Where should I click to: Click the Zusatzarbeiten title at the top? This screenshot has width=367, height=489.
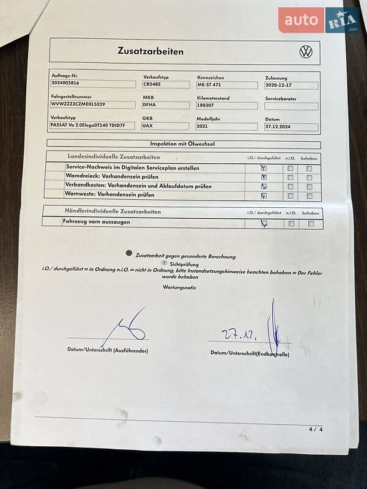[150, 51]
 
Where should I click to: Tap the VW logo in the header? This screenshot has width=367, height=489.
[306, 52]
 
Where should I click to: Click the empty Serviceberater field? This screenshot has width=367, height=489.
[291, 106]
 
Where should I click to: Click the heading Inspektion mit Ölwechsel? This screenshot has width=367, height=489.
[182, 144]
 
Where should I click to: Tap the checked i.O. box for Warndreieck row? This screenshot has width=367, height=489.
[264, 177]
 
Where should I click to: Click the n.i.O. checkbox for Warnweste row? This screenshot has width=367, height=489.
[291, 196]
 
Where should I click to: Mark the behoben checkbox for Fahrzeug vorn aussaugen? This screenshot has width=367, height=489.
[311, 224]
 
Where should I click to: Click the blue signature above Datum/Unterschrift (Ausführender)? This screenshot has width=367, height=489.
[125, 328]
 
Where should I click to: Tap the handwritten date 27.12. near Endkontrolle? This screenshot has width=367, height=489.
[239, 335]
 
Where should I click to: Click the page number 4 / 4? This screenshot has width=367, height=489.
[316, 429]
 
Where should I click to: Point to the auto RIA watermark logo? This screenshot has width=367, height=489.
[319, 20]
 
